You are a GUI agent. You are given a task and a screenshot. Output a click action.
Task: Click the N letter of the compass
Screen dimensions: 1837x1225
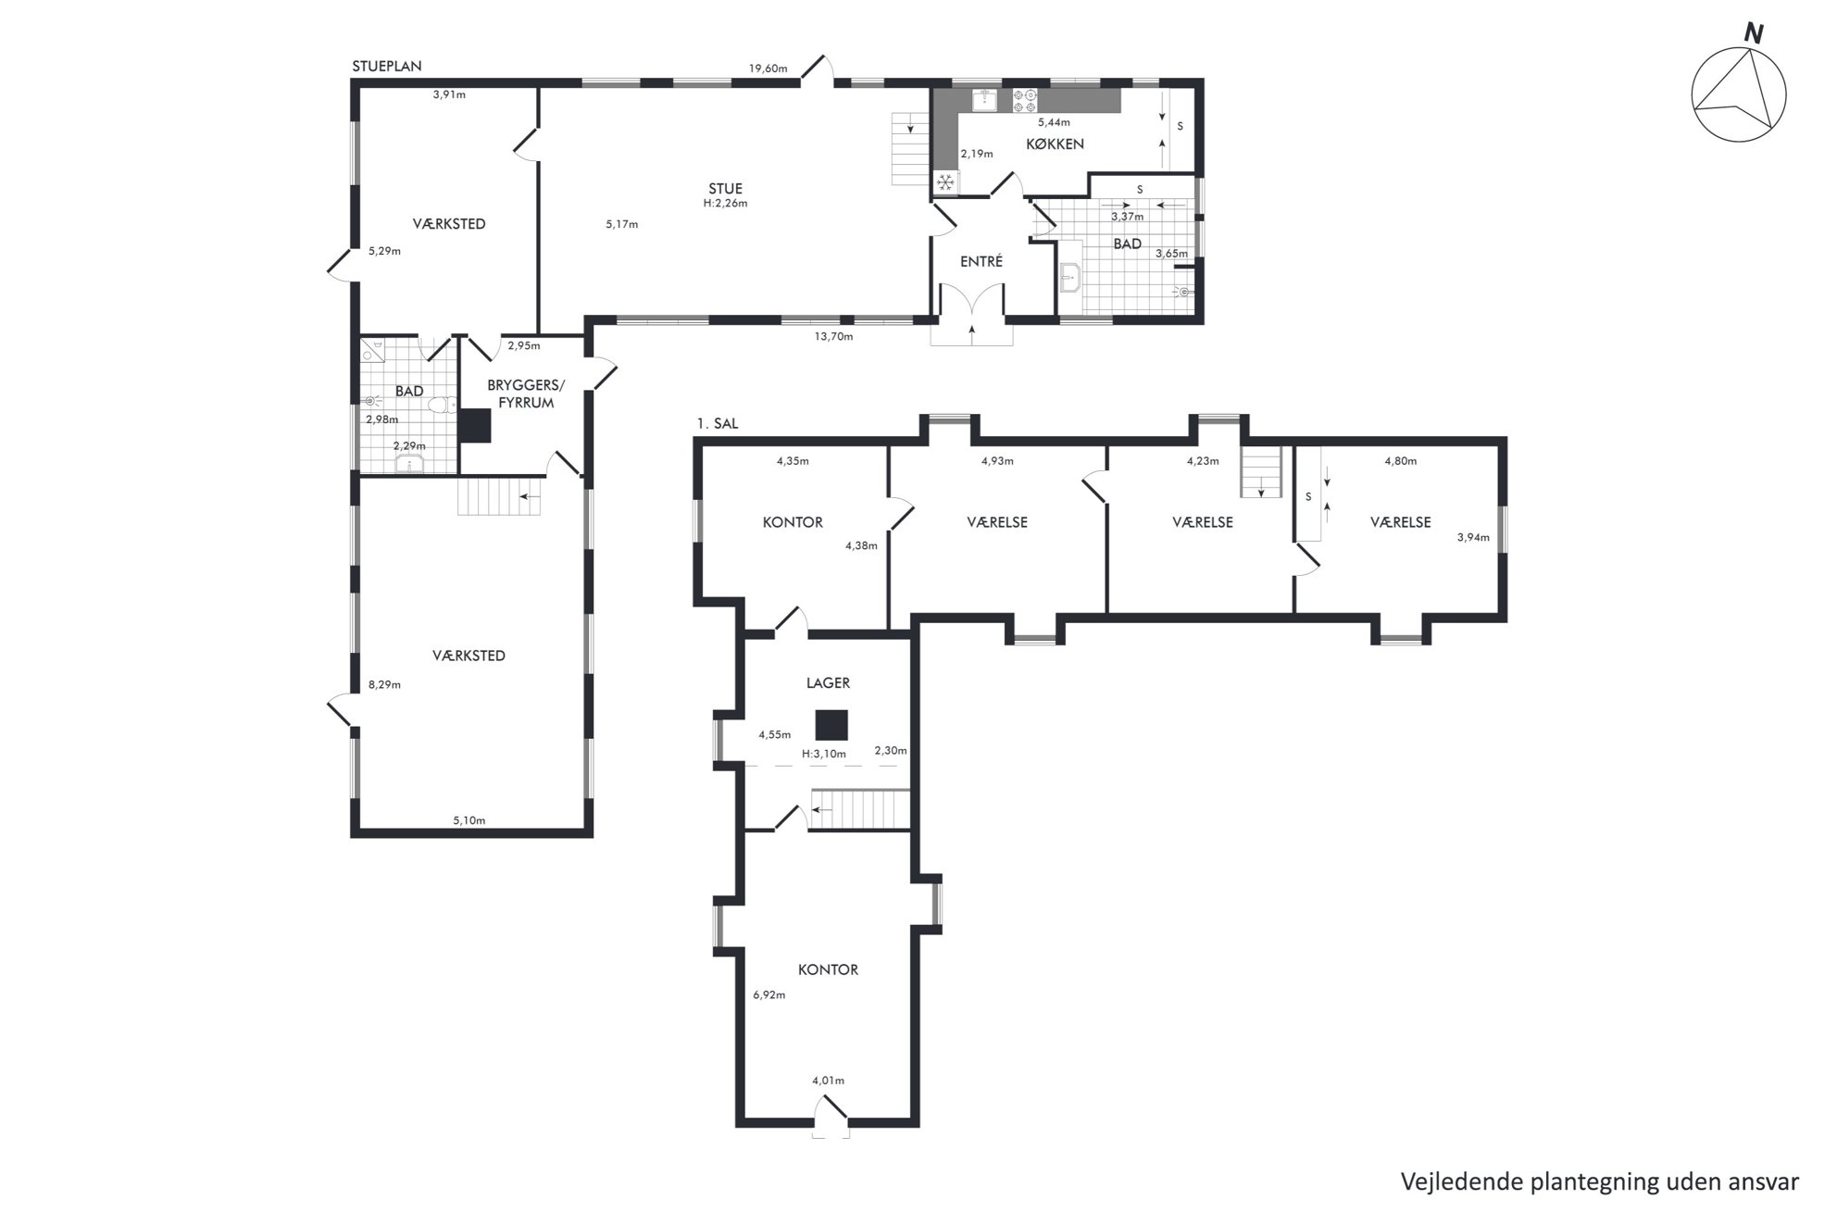click(1754, 33)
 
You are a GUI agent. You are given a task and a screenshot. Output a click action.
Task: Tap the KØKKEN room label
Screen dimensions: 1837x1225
click(1055, 144)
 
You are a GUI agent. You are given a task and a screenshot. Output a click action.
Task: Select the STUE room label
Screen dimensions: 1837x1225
click(725, 189)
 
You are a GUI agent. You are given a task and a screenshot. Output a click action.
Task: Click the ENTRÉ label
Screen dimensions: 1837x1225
click(981, 261)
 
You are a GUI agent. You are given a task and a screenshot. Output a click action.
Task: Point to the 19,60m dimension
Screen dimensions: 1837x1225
click(769, 68)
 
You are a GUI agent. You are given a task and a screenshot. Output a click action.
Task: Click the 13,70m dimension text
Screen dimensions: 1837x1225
click(833, 336)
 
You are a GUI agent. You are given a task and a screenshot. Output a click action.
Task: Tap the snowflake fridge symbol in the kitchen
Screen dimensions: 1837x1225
click(945, 182)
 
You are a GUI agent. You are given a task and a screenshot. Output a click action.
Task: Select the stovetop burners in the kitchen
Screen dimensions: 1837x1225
click(1024, 100)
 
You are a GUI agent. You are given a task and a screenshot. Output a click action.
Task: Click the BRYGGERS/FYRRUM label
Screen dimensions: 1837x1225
click(526, 394)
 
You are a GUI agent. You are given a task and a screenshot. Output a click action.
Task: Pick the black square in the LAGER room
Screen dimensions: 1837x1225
click(831, 725)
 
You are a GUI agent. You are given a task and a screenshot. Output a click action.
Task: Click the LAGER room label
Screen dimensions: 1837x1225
click(828, 683)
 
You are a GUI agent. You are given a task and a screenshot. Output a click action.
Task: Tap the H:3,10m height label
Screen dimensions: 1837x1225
click(824, 754)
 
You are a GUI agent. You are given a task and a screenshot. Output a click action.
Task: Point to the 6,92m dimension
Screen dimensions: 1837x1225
click(769, 995)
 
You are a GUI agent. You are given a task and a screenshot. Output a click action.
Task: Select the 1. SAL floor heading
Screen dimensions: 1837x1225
click(718, 424)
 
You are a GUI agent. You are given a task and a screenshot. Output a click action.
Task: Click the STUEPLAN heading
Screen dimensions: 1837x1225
click(387, 66)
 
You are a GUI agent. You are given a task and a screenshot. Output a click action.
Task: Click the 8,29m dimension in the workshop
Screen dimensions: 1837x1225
click(384, 685)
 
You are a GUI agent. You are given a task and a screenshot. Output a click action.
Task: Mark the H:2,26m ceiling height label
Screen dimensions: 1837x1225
click(725, 204)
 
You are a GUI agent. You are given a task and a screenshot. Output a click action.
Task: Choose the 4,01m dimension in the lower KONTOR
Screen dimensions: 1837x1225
click(828, 1081)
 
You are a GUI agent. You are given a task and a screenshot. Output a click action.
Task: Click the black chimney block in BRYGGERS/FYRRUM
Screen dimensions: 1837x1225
click(475, 425)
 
